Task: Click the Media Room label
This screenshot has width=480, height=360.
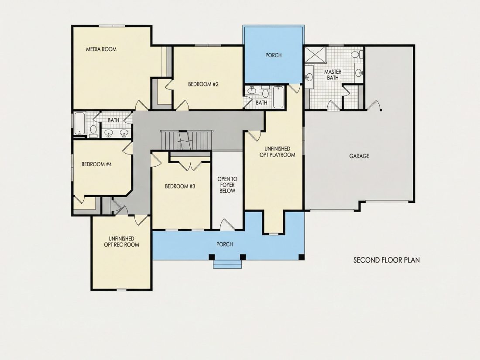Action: point(101,49)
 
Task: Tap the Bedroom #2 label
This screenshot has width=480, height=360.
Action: point(203,84)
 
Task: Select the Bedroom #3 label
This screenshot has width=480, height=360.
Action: point(180,186)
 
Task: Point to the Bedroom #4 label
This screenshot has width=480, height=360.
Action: point(96,165)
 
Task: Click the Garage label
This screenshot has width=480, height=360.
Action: point(360,156)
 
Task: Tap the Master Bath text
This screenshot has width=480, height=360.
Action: point(333,75)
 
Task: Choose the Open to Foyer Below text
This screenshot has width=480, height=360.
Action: point(227,185)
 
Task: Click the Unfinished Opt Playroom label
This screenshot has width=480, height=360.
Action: point(278,152)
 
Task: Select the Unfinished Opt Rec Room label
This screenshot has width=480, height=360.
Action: point(122,242)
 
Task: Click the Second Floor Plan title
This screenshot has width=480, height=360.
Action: point(387,260)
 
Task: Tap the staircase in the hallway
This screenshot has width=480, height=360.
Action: point(187,140)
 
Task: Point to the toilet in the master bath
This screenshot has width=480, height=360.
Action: point(357,55)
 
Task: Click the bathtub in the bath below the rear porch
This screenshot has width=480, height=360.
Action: point(278,97)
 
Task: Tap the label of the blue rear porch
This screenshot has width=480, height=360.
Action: point(273,55)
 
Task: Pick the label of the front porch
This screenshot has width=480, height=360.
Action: point(225,244)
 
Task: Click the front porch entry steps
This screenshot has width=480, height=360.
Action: point(227,264)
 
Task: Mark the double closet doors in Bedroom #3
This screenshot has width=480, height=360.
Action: point(190,166)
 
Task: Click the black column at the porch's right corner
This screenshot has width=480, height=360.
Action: point(302,257)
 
